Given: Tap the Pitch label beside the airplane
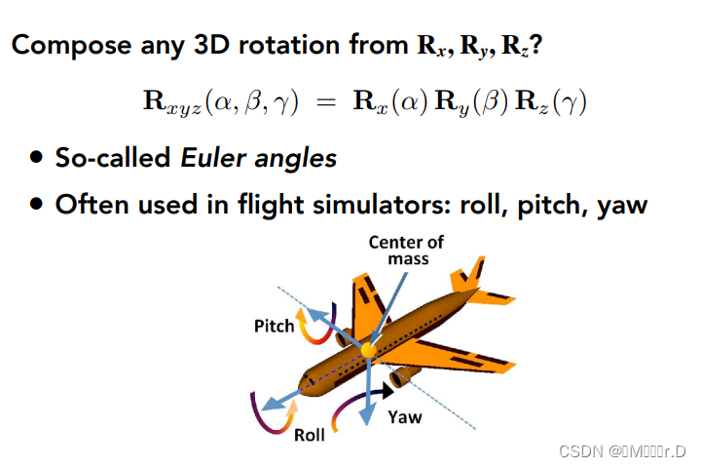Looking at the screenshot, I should click(x=274, y=326).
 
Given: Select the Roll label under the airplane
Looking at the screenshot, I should click(x=310, y=435).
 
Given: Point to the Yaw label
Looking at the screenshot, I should click(x=405, y=416).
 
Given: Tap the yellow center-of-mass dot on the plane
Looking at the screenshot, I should click(x=368, y=349).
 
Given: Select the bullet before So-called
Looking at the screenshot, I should click(x=36, y=158).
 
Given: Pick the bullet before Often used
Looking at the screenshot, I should click(x=36, y=205).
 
